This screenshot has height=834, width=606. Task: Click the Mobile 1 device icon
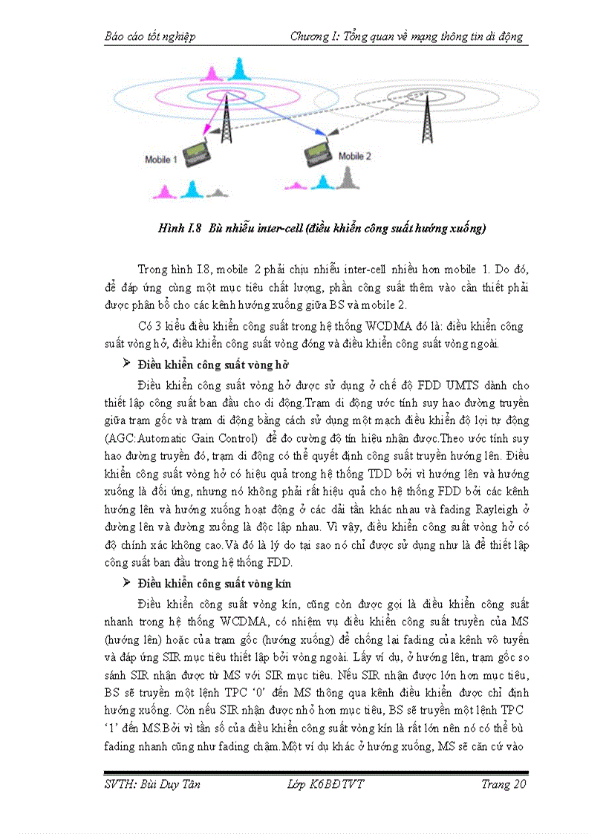pyautogui.click(x=198, y=154)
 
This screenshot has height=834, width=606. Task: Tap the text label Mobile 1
pyautogui.click(x=160, y=160)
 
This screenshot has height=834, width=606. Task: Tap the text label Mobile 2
pyautogui.click(x=355, y=156)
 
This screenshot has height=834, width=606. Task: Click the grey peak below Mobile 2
pyautogui.click(x=346, y=178)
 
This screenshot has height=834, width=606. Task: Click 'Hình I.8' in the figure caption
pyautogui.click(x=179, y=228)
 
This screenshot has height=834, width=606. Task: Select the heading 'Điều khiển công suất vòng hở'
pyautogui.click(x=213, y=365)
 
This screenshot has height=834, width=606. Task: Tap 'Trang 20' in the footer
pyautogui.click(x=504, y=785)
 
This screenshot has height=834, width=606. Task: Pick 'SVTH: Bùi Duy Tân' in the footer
pyautogui.click(x=151, y=785)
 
